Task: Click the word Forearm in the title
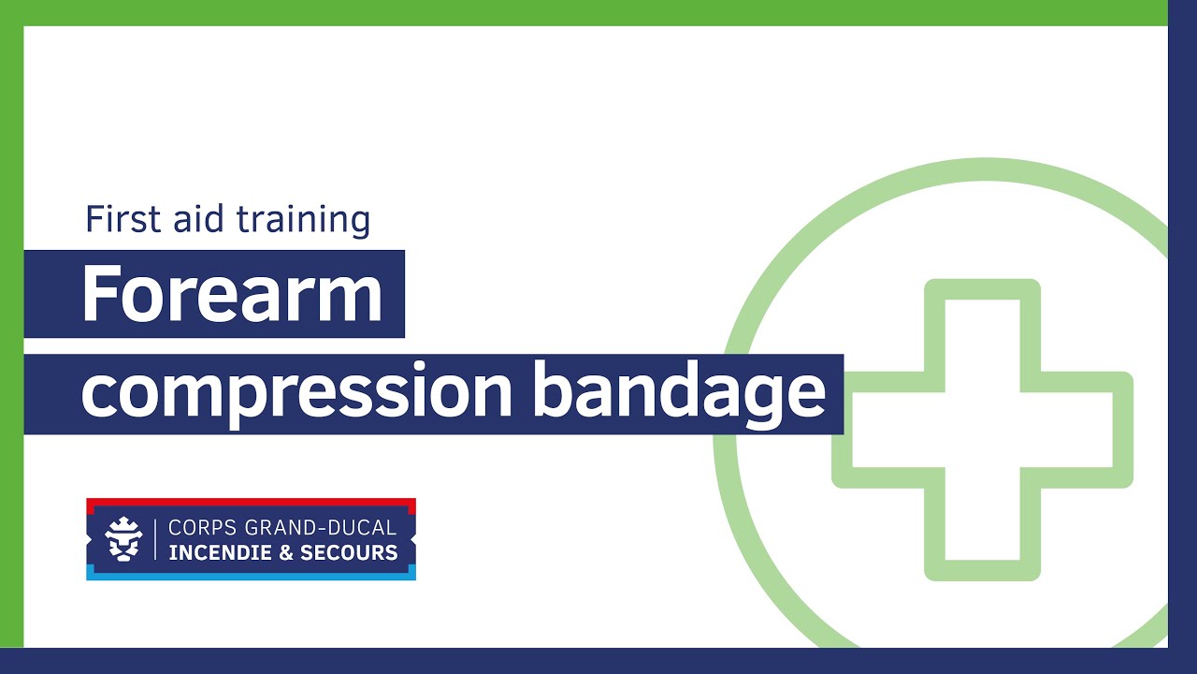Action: pos(233,293)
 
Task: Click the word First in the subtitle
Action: pos(123,219)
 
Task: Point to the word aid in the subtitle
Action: pos(197,219)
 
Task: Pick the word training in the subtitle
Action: pos(303,220)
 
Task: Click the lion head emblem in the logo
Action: pos(124,539)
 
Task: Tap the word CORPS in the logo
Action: pos(203,528)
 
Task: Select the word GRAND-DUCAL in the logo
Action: pos(321,528)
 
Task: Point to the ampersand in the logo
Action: pos(286,552)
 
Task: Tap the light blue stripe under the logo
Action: pos(252,575)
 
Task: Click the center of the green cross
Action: pos(982,430)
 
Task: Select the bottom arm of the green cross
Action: pos(982,524)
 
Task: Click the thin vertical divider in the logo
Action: pos(155,539)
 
